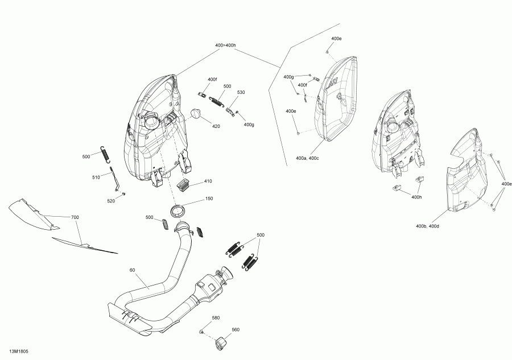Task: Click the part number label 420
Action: pos(216,126)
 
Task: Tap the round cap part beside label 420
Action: pos(197,114)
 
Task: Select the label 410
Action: pos(208,181)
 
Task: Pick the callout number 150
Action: pos(209,199)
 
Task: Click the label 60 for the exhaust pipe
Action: pos(132,270)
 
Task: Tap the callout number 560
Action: pos(236,329)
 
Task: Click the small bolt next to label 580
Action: pos(202,331)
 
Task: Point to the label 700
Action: pos(75,217)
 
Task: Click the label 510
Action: pos(96,177)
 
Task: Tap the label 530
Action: pos(241,92)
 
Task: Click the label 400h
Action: pos(416,197)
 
